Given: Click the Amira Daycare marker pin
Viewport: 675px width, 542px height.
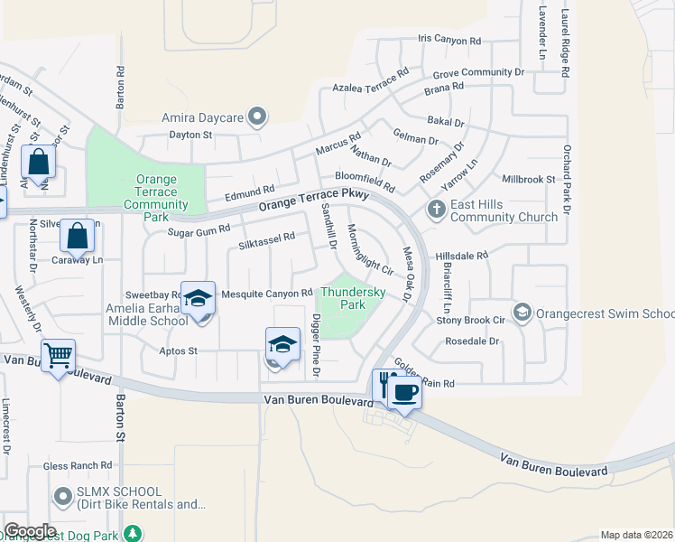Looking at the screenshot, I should click(x=257, y=117).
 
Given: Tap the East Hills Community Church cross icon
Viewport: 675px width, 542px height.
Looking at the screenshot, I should click(x=436, y=210).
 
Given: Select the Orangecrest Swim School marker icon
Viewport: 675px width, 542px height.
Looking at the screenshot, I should click(x=522, y=313).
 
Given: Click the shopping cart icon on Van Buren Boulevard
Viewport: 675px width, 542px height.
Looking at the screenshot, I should click(x=58, y=355).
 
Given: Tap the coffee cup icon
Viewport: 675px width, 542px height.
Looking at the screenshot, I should click(x=404, y=392).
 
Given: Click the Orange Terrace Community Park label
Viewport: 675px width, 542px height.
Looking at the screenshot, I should click(x=155, y=198).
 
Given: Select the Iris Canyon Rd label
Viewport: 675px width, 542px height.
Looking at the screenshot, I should click(x=449, y=41).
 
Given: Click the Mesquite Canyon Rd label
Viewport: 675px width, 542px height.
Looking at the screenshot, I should click(x=267, y=293).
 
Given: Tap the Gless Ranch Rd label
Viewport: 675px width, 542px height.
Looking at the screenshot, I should click(x=78, y=466).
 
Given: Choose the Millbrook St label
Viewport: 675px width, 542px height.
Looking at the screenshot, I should click(x=529, y=180).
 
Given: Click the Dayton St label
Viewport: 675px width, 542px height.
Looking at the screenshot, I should click(x=190, y=135).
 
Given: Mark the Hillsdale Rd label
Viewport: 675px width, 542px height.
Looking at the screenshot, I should click(x=461, y=256).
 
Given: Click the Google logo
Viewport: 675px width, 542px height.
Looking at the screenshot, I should click(x=30, y=531).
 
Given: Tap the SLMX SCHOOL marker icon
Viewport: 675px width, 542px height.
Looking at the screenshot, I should click(x=62, y=496).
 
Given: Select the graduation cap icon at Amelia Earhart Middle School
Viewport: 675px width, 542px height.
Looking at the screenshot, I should click(x=198, y=297).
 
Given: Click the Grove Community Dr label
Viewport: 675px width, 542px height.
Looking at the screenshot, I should click(x=478, y=72).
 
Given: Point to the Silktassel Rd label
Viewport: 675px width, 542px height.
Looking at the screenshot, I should click(x=267, y=237).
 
